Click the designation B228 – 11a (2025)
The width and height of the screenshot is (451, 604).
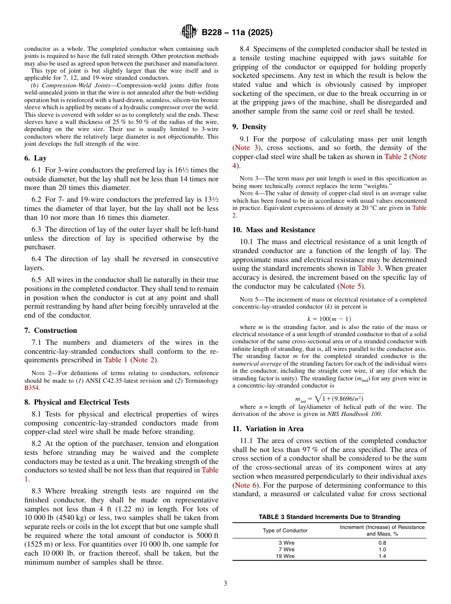coord(237,33)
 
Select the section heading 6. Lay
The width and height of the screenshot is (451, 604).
coord(36,158)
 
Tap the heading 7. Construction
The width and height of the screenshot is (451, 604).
coord(51,330)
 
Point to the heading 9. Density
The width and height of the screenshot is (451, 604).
coord(249,127)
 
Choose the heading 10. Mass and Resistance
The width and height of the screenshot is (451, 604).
coord(273,230)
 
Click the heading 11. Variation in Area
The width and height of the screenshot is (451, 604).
coord(268,428)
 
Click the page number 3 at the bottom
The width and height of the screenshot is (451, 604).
coord(225,583)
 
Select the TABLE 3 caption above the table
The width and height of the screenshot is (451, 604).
coord(329,517)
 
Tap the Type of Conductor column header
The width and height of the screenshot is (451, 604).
coord(285,530)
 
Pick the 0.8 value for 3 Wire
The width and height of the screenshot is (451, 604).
coord(382,542)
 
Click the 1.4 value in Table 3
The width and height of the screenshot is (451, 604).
coord(382,556)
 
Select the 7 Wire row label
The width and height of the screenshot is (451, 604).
coord(285,549)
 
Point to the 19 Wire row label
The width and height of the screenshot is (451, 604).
coord(285,556)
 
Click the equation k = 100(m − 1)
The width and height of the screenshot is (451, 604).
coord(329,319)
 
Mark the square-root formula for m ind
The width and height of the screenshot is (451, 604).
coord(329,398)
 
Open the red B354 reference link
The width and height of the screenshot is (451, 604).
coord(32,387)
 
